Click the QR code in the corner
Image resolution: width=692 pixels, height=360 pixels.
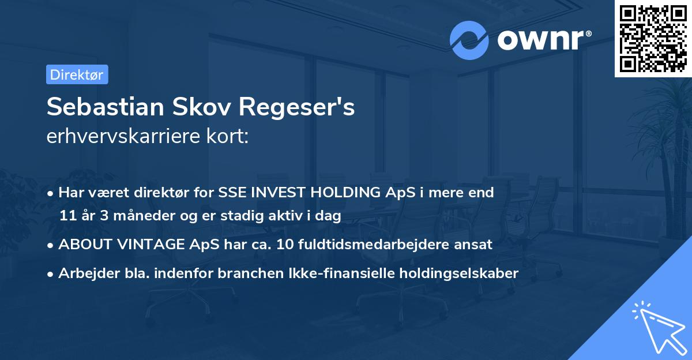(653, 38)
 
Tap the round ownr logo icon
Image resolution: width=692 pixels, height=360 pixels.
(469, 40)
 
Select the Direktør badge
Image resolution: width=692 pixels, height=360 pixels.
(77, 74)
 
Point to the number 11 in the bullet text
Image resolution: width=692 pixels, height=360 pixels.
(67, 216)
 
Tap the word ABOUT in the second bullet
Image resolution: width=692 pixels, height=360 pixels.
(80, 245)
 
